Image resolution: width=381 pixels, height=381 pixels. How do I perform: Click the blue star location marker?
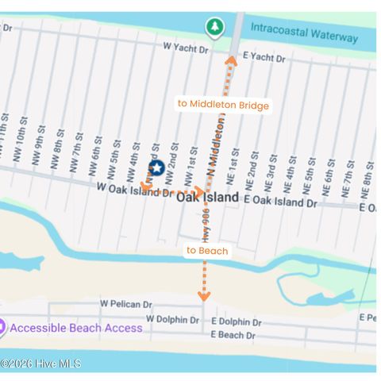coord(156,168)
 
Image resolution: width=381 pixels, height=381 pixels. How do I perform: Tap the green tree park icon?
coord(214,28)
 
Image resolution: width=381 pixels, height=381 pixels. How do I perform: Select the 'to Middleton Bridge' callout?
coord(223,105)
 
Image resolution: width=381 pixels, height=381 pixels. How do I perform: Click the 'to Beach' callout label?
coord(207,251)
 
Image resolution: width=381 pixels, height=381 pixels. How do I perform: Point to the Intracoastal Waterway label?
coord(304,29)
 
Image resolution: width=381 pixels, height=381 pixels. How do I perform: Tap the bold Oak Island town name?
coord(206,197)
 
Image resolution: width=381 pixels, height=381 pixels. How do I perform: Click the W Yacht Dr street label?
coord(186,48)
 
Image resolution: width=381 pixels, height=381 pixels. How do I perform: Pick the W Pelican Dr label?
coord(126,304)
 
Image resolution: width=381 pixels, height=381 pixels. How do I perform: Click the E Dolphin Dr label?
coord(235,322)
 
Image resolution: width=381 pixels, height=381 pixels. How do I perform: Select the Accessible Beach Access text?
coord(76,328)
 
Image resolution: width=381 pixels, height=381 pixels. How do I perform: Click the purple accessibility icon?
coord(2,327)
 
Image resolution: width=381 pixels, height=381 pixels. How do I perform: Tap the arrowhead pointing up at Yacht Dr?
coord(231,58)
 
